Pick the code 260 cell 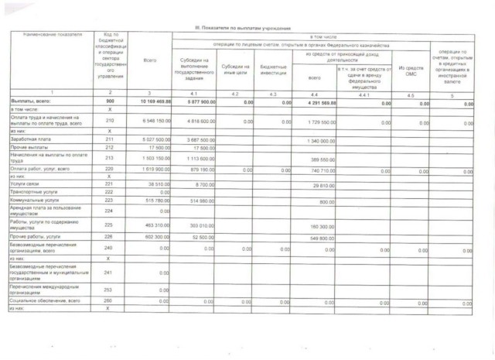109,300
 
